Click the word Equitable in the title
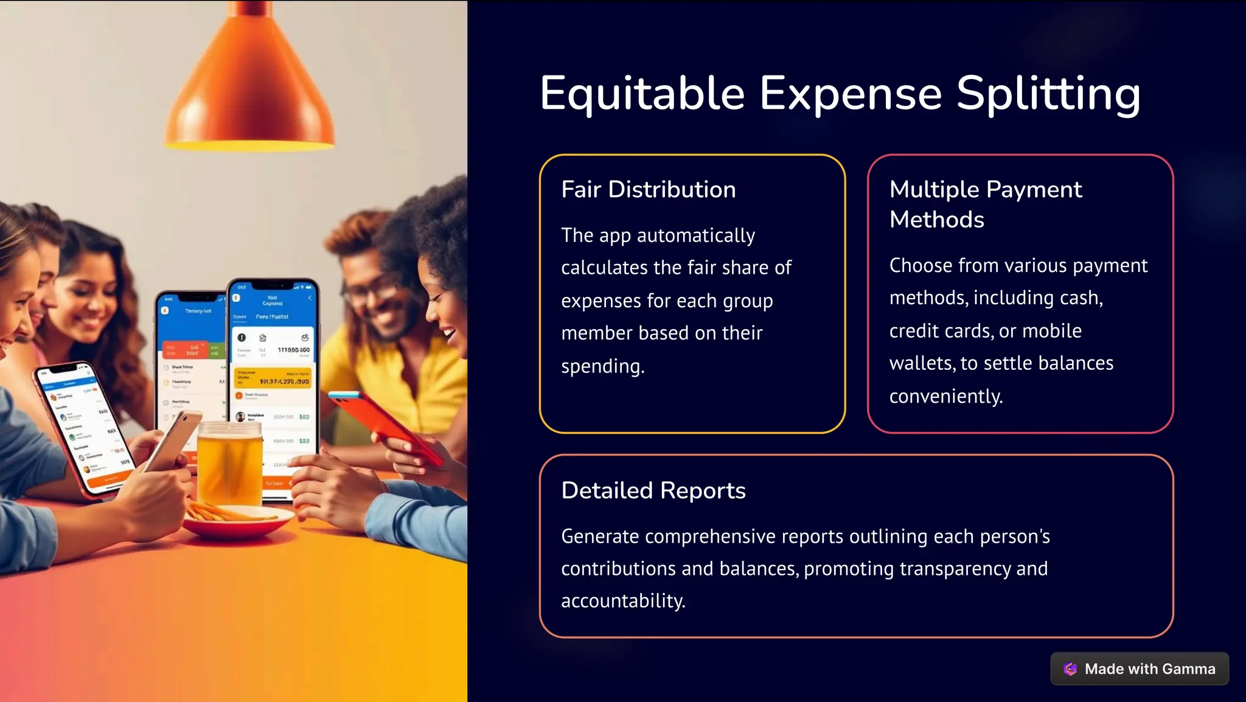click(x=642, y=94)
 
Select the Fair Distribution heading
click(x=648, y=190)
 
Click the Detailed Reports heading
click(x=653, y=490)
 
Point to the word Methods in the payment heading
click(x=936, y=220)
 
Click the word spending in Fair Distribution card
click(x=602, y=366)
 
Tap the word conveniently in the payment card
click(x=945, y=397)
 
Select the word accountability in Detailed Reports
click(x=622, y=601)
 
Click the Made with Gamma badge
click(x=1140, y=669)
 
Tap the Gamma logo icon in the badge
click(x=1070, y=669)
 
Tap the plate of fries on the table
click(x=237, y=520)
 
